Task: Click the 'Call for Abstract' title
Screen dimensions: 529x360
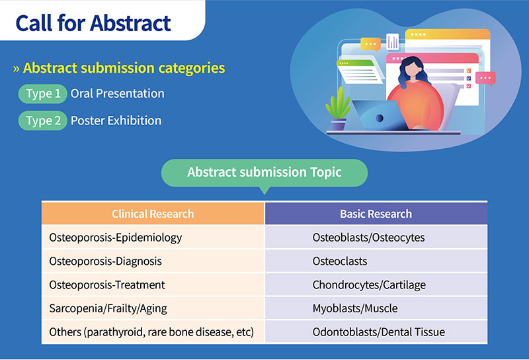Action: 93,23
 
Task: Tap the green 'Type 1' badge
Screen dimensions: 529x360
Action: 42,93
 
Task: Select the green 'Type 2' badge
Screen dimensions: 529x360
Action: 42,120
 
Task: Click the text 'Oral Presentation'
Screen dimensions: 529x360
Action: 118,93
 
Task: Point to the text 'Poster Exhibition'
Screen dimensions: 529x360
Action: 116,120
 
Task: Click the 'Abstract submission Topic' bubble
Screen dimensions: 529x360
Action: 264,173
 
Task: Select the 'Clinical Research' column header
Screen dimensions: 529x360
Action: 153,214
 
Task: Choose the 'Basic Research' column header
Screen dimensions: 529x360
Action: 376,214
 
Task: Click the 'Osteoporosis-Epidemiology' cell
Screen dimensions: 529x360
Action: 153,237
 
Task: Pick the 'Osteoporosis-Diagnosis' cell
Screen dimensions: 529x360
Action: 153,261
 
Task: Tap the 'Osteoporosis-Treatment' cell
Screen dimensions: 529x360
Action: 153,285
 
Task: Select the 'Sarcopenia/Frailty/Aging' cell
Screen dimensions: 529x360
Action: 153,308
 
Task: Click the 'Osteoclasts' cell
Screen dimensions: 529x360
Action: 376,261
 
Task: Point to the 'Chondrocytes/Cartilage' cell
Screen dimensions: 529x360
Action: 376,285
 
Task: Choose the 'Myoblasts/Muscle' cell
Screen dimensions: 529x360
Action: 376,308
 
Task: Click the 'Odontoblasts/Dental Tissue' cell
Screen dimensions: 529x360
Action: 376,332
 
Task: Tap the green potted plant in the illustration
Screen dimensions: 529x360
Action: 338,109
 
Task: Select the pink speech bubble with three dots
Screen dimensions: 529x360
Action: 485,78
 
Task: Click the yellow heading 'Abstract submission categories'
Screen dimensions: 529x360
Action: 124,68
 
